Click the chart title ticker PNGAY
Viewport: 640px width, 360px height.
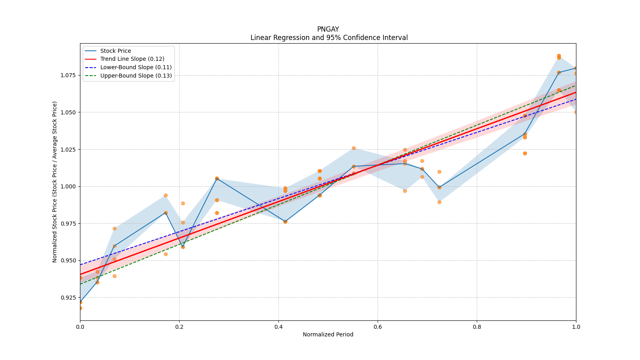tap(328, 29)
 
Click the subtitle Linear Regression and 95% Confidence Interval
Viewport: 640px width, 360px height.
tap(329, 38)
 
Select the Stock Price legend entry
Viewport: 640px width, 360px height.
tap(116, 51)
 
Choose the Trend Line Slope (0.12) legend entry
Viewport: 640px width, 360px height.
tap(132, 59)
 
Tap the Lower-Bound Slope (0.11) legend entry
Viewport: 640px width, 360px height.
tap(136, 68)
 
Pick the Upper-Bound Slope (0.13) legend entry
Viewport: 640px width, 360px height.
tap(136, 76)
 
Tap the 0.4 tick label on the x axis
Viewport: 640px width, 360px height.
tap(278, 327)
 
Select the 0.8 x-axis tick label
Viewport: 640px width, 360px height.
tap(477, 327)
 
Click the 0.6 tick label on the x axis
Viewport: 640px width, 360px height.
tap(378, 327)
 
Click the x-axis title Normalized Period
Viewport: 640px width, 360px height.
tap(328, 334)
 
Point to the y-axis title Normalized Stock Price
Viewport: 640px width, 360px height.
tap(55, 182)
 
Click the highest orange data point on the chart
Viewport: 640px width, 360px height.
tap(559, 56)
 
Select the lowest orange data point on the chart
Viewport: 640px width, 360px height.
tap(80, 308)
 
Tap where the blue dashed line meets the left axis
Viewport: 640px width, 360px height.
tap(80, 264)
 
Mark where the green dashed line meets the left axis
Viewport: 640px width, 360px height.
tap(80, 284)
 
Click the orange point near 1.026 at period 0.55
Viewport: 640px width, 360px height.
tap(354, 148)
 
